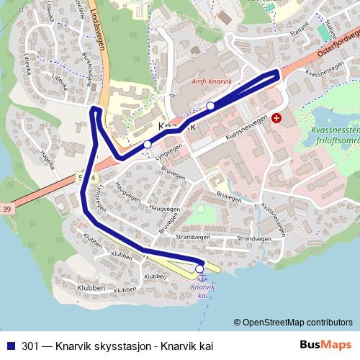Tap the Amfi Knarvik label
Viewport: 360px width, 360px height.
pyautogui.click(x=212, y=82)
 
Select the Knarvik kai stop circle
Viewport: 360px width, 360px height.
pyautogui.click(x=199, y=269)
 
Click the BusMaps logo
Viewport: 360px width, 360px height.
pyautogui.click(x=325, y=345)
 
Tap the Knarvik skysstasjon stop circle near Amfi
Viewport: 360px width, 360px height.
pyautogui.click(x=210, y=107)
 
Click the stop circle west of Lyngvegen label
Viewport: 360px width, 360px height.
pyautogui.click(x=148, y=145)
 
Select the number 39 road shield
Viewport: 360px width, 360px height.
pyautogui.click(x=6, y=210)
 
